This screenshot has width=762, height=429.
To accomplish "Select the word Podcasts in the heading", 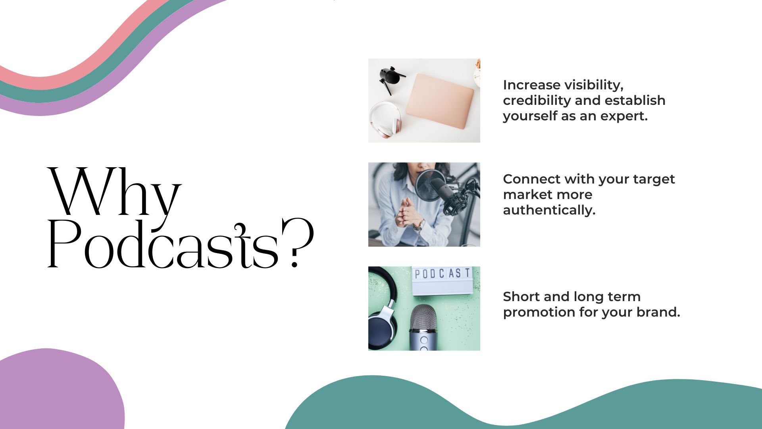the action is pos(163,243).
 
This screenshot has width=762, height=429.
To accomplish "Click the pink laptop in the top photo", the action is pos(440,101).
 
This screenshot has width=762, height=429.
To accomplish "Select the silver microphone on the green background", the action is pos(423,327).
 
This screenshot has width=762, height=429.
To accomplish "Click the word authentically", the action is pos(549,210).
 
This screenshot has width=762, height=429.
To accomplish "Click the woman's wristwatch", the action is pos(419,225).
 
